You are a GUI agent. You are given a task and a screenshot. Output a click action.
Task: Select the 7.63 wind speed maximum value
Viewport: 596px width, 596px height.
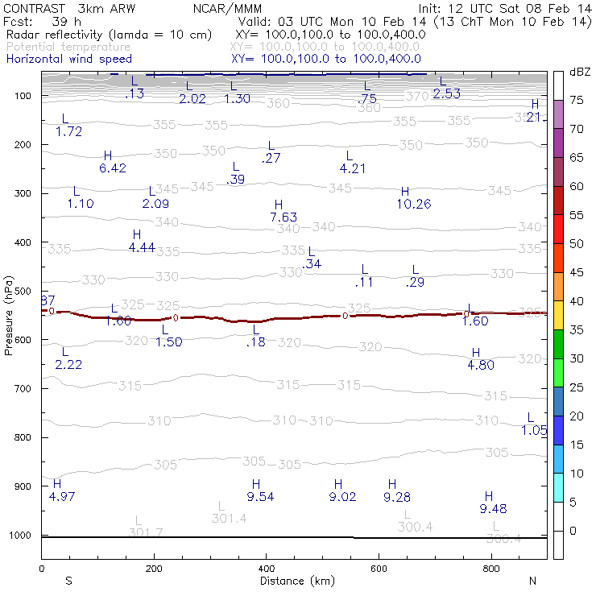(x=284, y=217)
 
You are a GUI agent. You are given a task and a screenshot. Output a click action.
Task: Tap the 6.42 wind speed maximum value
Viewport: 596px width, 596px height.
(x=113, y=168)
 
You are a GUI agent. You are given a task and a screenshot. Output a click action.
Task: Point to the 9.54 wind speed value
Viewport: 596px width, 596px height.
(x=261, y=497)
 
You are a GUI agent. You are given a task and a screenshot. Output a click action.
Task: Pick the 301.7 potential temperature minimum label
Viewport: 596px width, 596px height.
(x=146, y=532)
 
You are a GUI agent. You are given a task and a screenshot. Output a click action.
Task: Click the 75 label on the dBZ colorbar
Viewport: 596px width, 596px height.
(x=577, y=100)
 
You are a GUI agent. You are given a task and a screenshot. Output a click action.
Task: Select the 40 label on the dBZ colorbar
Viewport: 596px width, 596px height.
(x=577, y=301)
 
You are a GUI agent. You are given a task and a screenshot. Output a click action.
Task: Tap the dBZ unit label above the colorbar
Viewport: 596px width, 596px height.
(x=578, y=72)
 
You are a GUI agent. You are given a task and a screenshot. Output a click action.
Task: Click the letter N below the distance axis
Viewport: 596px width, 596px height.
(x=532, y=580)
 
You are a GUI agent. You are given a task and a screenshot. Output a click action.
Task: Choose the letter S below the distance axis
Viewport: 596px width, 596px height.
(x=69, y=580)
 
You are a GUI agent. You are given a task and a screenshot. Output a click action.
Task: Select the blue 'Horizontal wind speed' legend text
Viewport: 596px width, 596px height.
(x=68, y=59)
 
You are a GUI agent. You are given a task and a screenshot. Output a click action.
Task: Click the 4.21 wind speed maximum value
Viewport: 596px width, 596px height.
(x=353, y=168)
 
